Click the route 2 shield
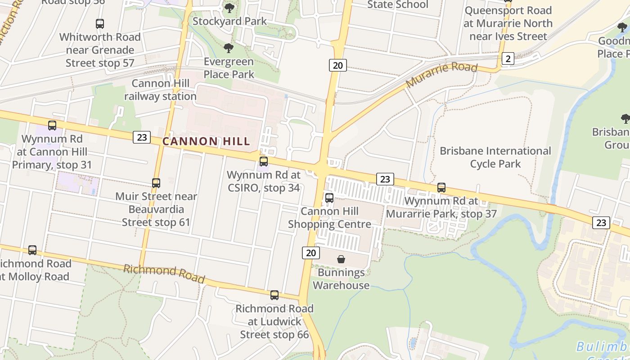(x=508, y=58)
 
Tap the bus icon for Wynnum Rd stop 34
(x=264, y=161)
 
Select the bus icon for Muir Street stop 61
(x=156, y=183)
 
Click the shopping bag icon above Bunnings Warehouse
(x=341, y=259)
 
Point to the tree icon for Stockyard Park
(x=229, y=8)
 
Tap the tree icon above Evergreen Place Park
(x=229, y=48)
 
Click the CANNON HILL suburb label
(x=206, y=141)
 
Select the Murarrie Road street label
(x=441, y=75)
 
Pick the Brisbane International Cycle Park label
(x=495, y=157)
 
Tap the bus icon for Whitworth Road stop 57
(x=100, y=24)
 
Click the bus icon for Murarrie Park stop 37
(x=441, y=188)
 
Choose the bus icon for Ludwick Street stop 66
(x=274, y=295)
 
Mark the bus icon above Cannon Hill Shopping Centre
(x=329, y=198)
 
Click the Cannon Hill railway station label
(x=160, y=90)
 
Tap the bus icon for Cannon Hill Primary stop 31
(x=52, y=126)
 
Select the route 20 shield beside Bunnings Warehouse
(x=310, y=252)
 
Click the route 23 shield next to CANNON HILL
(x=141, y=137)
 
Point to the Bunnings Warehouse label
(x=341, y=279)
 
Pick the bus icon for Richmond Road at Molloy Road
(x=32, y=250)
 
